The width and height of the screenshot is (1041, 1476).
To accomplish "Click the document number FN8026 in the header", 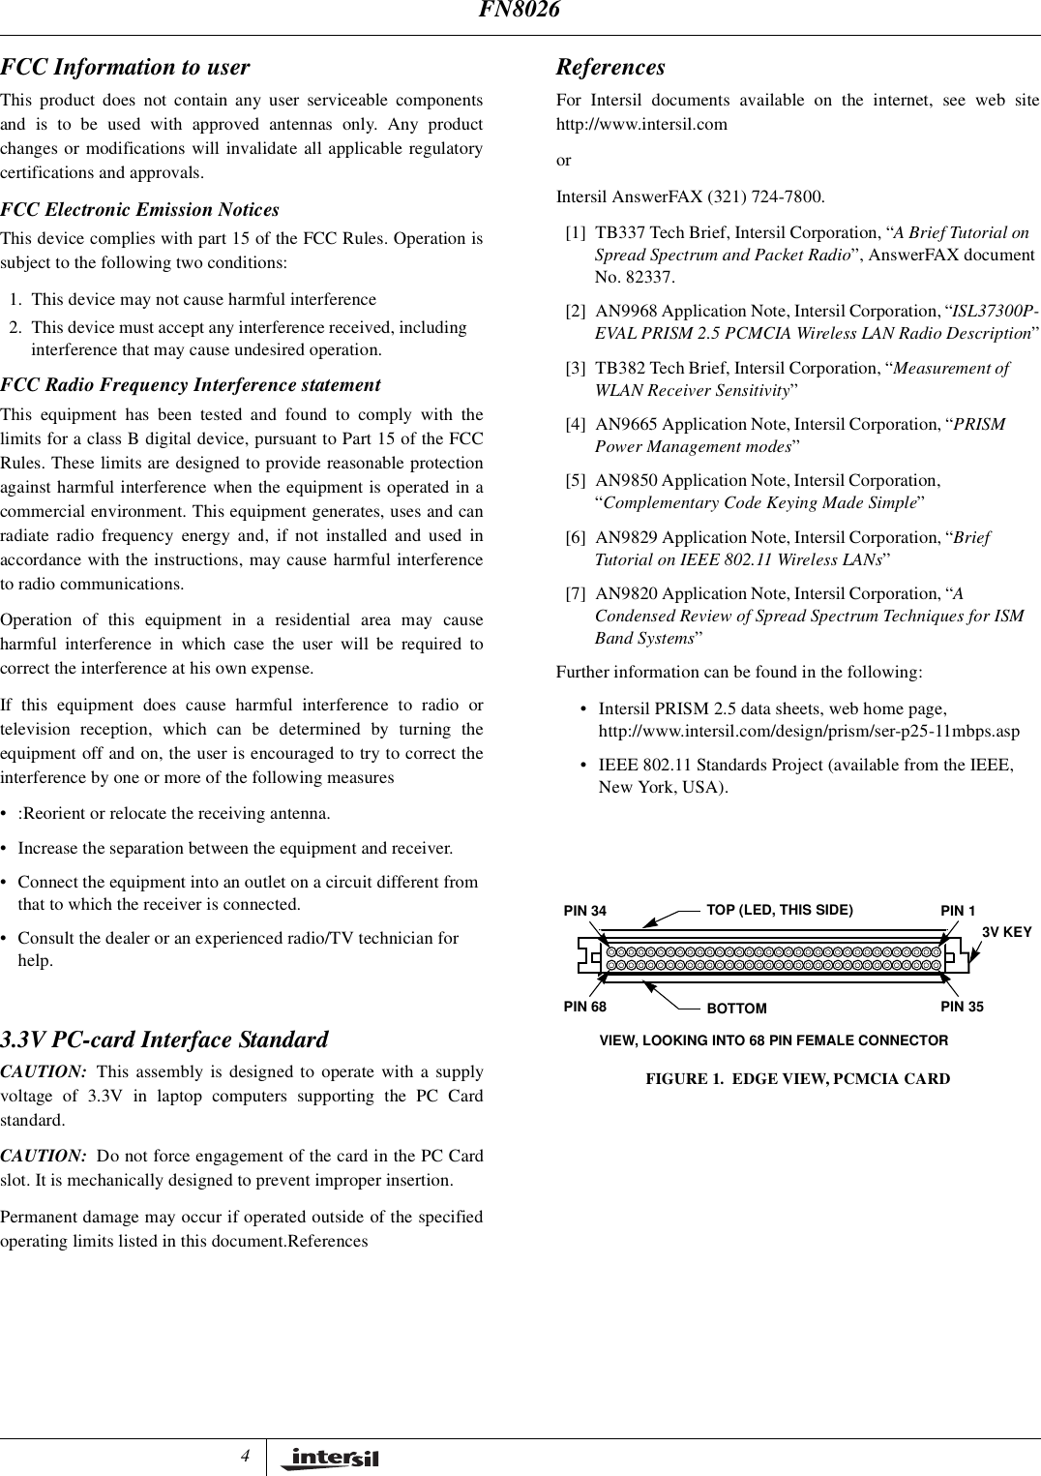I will click(520, 11).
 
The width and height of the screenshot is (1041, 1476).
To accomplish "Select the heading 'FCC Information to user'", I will click(125, 68).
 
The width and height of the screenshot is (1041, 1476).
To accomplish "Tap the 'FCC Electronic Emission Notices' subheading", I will click(140, 210).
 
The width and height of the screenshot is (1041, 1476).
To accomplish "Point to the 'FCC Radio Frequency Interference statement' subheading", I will click(191, 385).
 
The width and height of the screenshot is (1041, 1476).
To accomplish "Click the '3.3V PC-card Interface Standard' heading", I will click(164, 1039).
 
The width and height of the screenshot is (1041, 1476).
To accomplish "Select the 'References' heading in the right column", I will click(610, 68).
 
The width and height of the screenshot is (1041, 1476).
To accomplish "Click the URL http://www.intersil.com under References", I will click(641, 125).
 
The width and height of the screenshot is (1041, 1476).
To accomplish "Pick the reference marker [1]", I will click(576, 233).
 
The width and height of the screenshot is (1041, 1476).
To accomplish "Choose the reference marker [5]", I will click(576, 481).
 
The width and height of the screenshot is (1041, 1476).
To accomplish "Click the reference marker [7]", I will click(576, 594).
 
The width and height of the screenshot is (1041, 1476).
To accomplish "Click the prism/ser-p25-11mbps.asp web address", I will click(809, 731).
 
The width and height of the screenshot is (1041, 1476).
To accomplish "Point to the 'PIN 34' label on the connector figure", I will click(585, 911).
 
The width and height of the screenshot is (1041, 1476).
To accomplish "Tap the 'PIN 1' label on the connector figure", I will click(958, 911).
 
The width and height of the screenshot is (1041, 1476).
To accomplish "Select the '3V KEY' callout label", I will click(1007, 932).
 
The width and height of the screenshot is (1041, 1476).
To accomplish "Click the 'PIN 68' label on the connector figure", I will click(585, 1007).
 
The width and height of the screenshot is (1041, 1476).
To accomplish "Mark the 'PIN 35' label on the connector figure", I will click(962, 1007).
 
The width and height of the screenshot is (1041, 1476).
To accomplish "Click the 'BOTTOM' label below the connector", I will click(736, 1009).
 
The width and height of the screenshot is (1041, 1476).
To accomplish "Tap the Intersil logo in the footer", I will click(330, 1459).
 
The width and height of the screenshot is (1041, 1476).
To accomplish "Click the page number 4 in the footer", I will click(246, 1456).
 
